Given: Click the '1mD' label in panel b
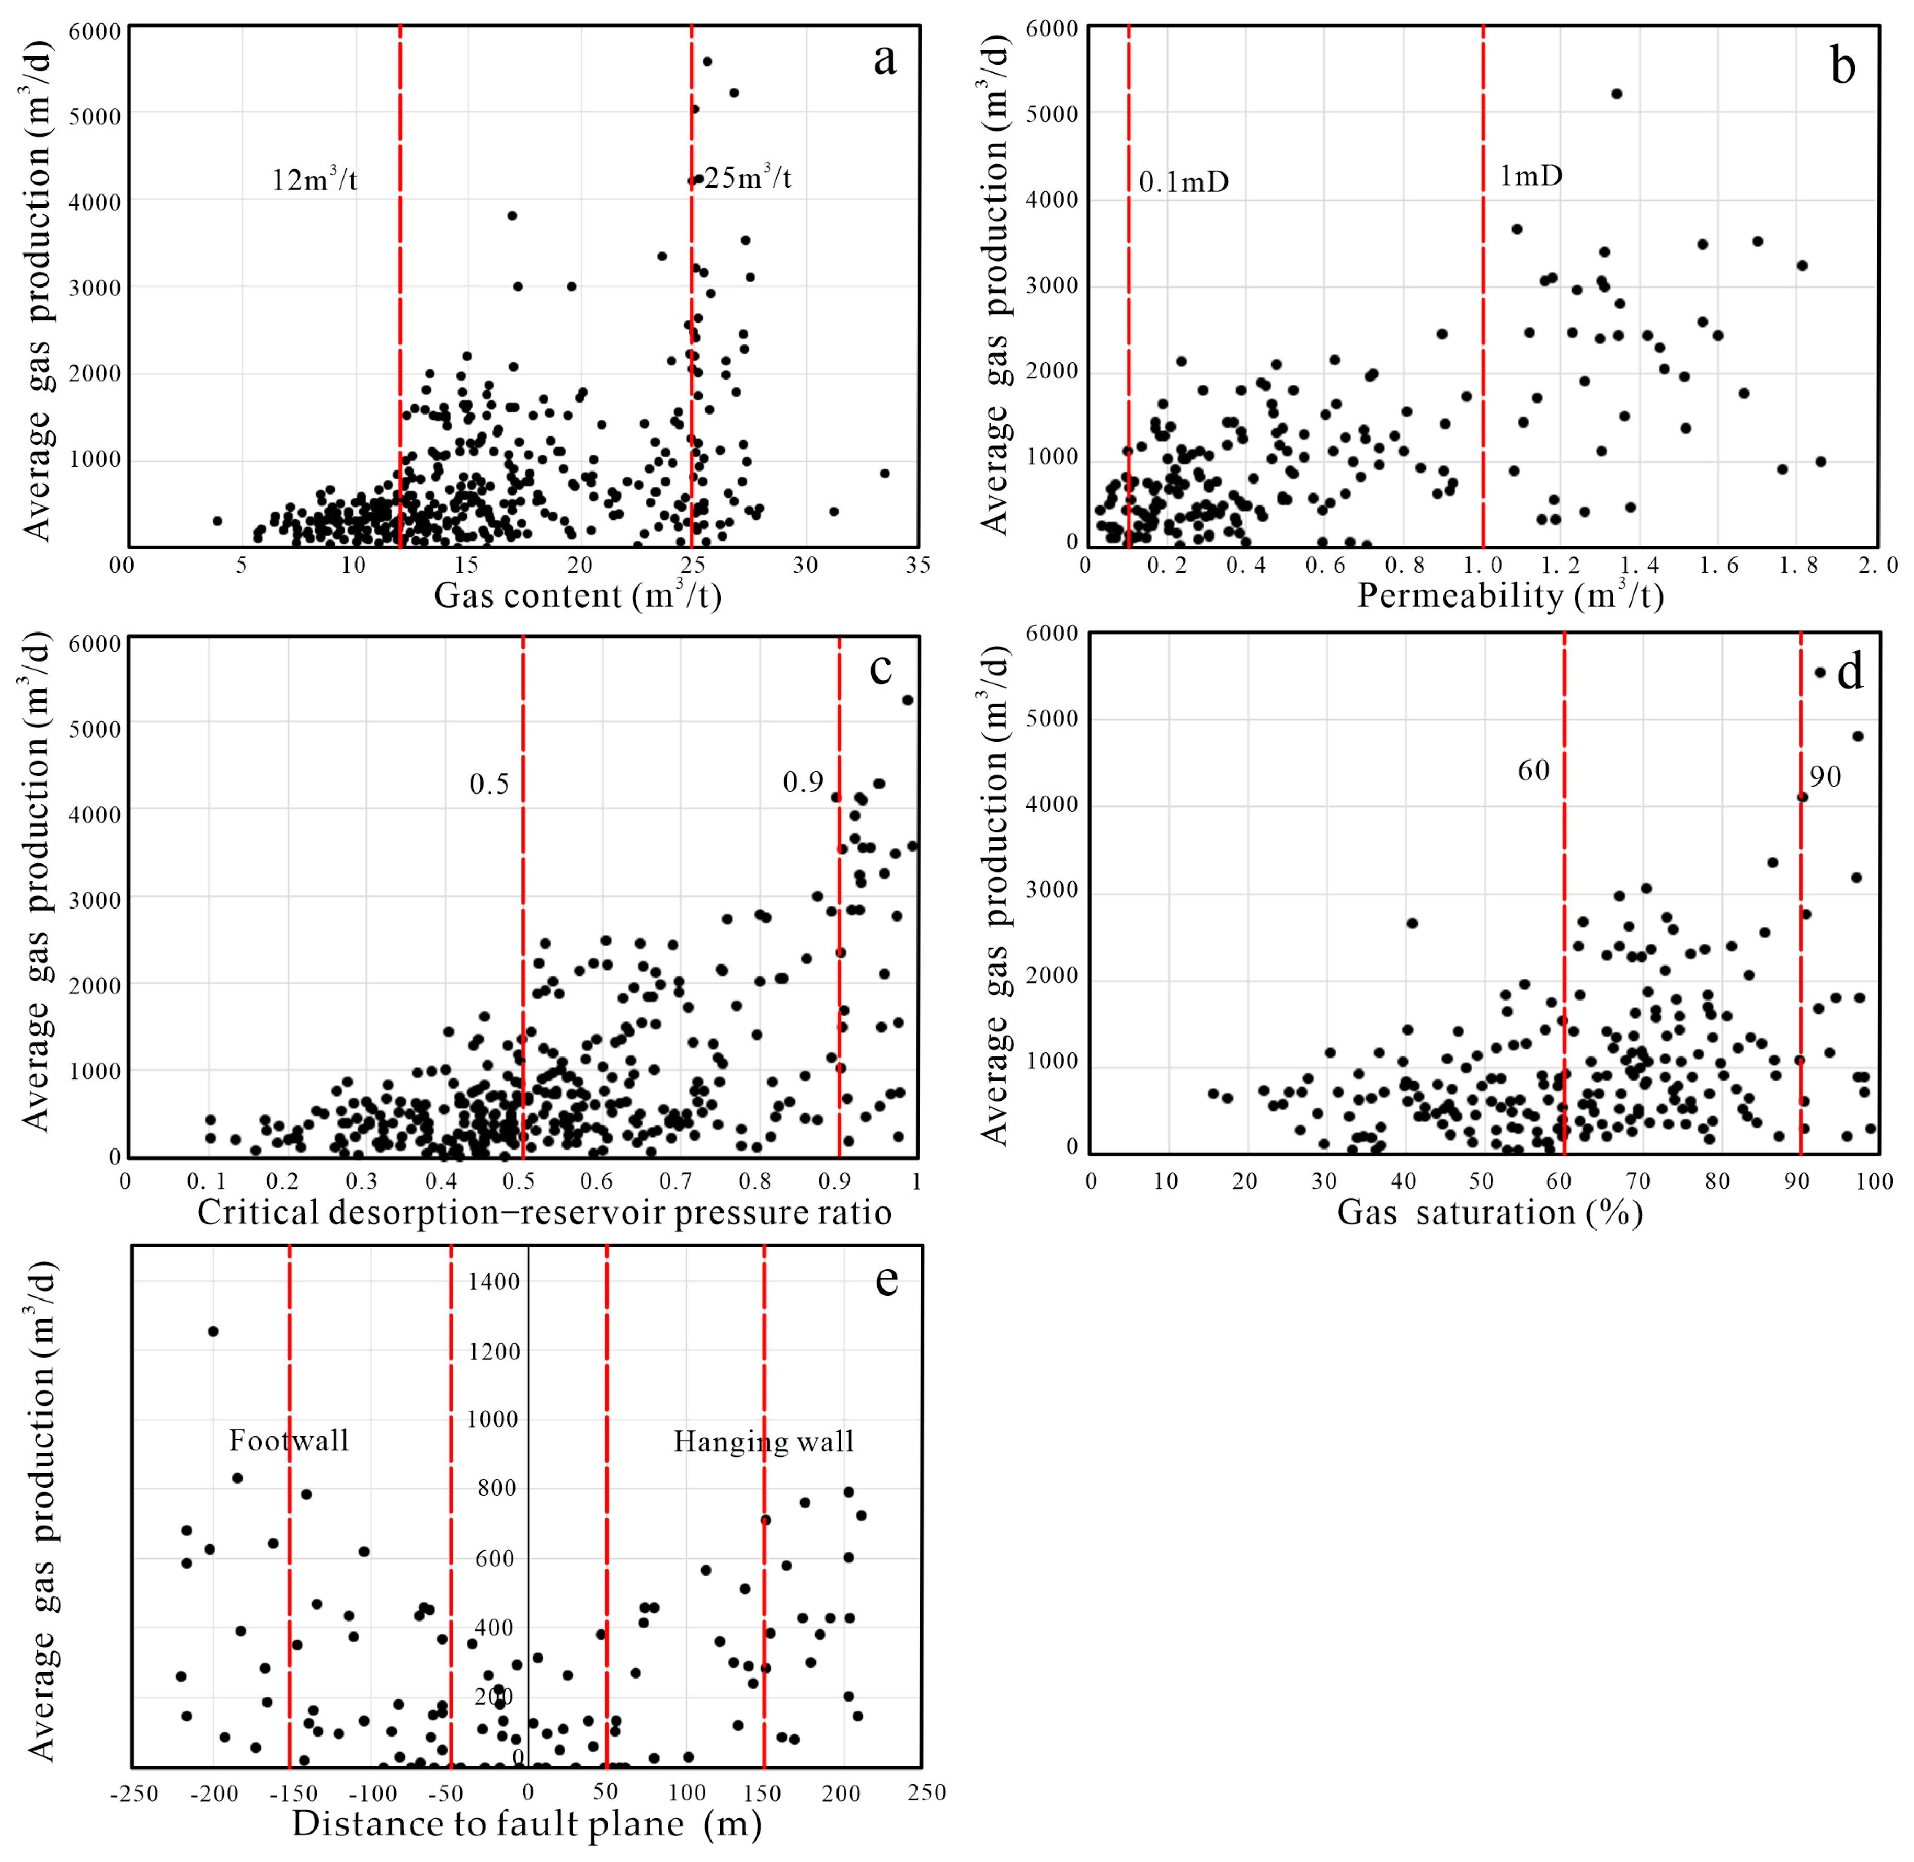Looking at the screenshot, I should [x=1531, y=176].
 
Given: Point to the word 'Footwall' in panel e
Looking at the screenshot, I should [x=289, y=1441].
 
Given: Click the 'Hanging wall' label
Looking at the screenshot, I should [x=763, y=1442].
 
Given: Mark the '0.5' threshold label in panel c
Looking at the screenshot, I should [x=489, y=784].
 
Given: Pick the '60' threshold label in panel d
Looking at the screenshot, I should [x=1532, y=771].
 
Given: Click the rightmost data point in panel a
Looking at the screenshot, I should [x=884, y=473].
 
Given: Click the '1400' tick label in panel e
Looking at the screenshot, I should [x=493, y=1282].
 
